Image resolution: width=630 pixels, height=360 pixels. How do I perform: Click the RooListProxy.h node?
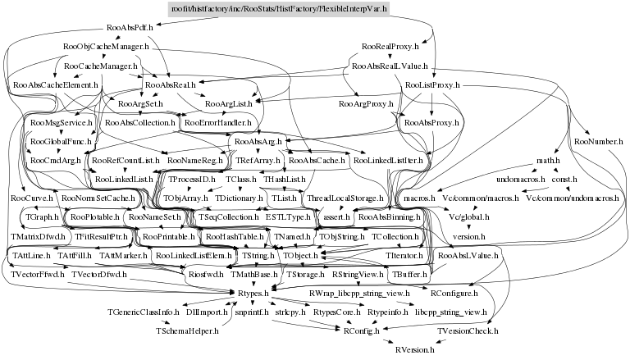[432, 85]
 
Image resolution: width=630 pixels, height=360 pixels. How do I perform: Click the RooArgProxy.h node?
[366, 104]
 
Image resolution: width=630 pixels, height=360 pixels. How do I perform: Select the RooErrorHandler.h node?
[212, 123]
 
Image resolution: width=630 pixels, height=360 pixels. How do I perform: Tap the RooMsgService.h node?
[57, 123]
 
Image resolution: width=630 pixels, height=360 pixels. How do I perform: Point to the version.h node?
[470, 236]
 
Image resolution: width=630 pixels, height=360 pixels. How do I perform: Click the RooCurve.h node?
[33, 198]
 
